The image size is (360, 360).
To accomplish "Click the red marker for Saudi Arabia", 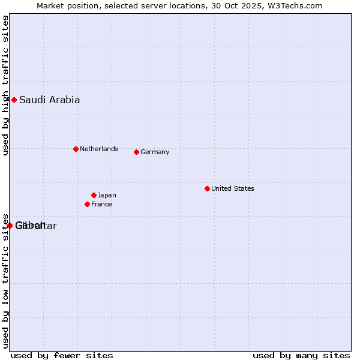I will [x=14, y=100].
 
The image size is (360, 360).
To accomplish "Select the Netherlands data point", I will [x=76, y=149].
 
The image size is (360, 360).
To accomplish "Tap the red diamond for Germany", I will [x=136, y=152].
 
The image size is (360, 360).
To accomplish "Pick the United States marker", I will [x=207, y=188].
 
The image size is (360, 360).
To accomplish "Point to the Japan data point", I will [x=94, y=195].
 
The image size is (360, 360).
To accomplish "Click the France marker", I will [x=87, y=204].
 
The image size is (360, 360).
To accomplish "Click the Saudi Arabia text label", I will [x=49, y=100].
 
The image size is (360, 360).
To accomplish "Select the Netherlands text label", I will [x=98, y=149].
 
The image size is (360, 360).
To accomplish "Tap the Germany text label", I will [x=155, y=152].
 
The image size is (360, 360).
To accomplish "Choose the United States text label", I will [x=232, y=188].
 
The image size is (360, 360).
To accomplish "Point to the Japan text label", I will [x=107, y=196].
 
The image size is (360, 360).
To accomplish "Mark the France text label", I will [x=101, y=205].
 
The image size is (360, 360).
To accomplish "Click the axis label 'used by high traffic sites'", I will [x=5, y=86].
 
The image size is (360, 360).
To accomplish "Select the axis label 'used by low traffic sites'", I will [x=5, y=281].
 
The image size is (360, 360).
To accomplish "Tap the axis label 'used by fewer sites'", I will [x=62, y=356].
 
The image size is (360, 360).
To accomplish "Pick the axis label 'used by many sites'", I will [x=301, y=356].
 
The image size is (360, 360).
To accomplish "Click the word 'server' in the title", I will [x=154, y=6].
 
